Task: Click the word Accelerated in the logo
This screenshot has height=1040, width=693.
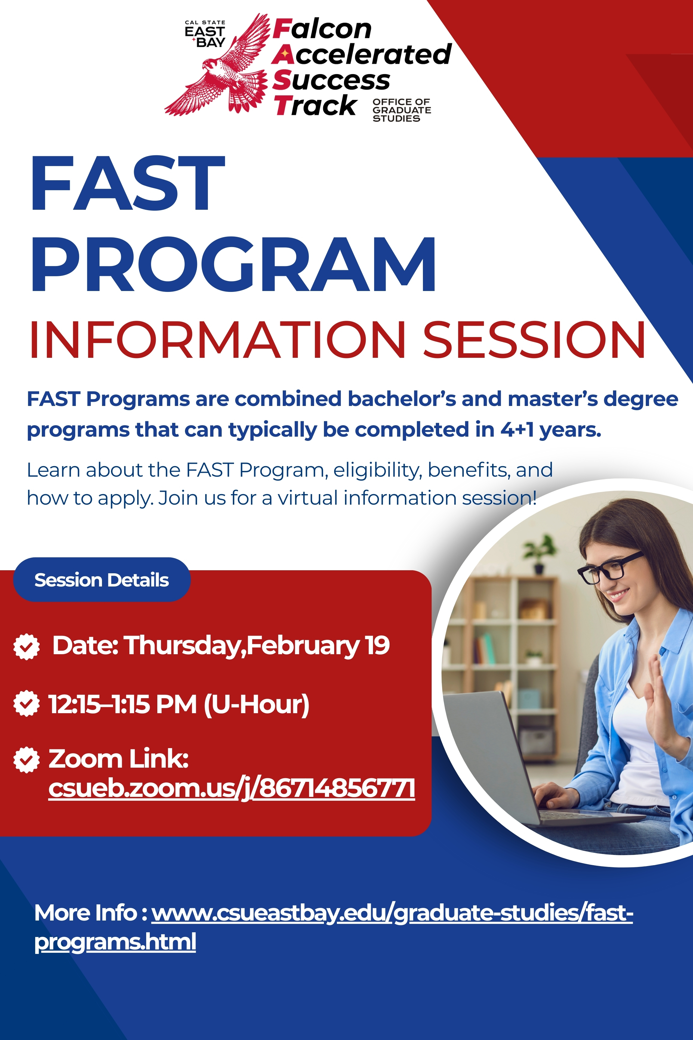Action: [362, 54]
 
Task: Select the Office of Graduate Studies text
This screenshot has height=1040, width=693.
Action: [401, 110]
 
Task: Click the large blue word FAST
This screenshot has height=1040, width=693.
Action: [128, 184]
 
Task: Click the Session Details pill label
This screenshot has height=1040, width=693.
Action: [102, 580]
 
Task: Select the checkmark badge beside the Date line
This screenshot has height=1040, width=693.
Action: [26, 646]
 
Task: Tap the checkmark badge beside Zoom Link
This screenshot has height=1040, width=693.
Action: [26, 760]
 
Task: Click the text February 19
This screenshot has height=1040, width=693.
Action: [318, 645]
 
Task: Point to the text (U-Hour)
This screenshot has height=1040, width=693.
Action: [256, 704]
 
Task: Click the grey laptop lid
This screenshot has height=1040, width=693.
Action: [486, 752]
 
